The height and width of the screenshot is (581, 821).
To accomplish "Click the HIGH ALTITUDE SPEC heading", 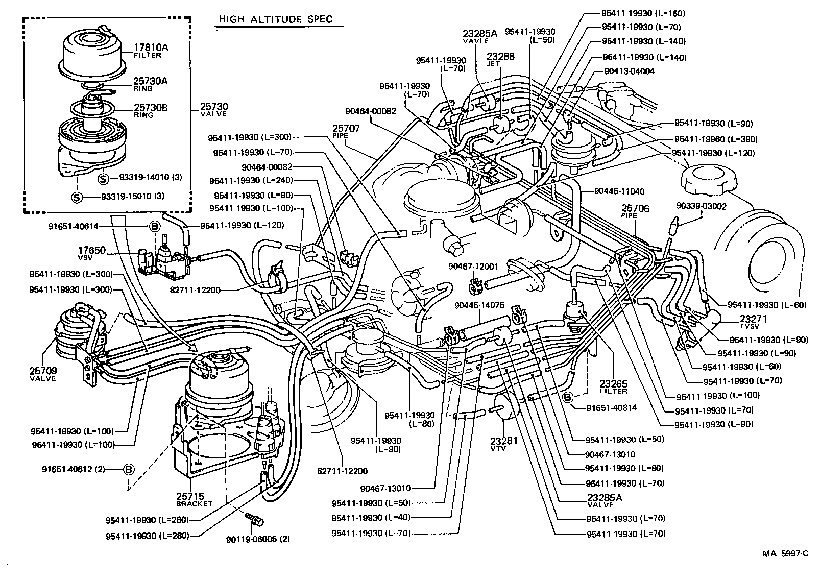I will (x=275, y=20).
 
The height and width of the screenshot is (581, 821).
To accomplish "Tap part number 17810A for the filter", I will (x=151, y=48).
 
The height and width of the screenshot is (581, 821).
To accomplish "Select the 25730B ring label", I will (x=151, y=108).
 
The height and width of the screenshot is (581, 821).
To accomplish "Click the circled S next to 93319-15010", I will (x=77, y=197).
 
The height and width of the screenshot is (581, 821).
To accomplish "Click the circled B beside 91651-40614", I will (x=154, y=226).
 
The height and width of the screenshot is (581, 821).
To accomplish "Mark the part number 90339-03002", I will (x=701, y=206).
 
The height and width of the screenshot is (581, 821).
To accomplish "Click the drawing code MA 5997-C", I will (x=786, y=553).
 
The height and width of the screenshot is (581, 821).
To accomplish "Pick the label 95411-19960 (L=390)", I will (x=715, y=139).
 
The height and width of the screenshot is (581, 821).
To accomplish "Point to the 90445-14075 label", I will (x=479, y=305).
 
